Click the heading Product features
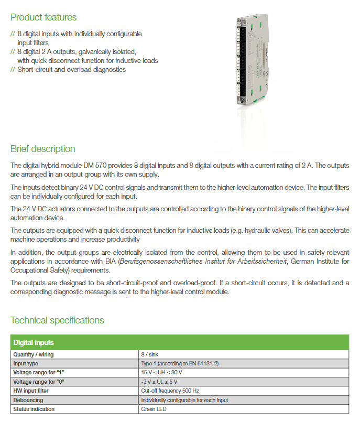tap(43, 17)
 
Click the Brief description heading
tap(43, 148)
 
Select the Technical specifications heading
tap(57, 320)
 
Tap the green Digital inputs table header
tap(34, 343)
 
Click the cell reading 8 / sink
tap(150, 354)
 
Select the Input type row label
tap(26, 363)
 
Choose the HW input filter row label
tap(31, 391)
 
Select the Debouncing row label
tap(28, 400)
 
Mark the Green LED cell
tap(154, 409)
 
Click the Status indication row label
tap(34, 409)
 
